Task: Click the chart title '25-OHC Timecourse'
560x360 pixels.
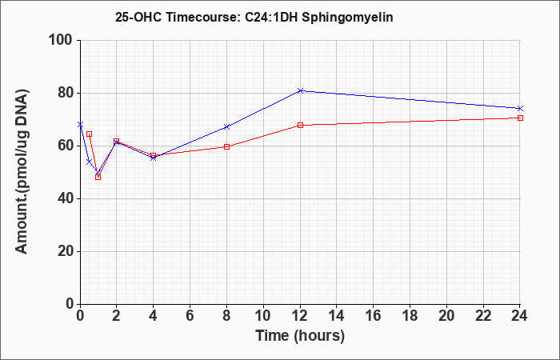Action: pos(177,17)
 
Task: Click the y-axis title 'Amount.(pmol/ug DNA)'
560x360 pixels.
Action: pos(22,172)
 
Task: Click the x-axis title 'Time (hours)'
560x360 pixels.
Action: pos(300,336)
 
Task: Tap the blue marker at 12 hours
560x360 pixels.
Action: pos(300,90)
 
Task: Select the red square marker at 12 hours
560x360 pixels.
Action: pos(300,126)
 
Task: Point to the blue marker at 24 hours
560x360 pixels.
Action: pos(520,108)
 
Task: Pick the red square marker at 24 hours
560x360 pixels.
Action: pos(520,118)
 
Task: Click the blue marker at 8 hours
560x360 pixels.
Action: pos(226,126)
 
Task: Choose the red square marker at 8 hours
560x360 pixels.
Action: pos(226,146)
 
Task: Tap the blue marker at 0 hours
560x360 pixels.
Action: pos(80,124)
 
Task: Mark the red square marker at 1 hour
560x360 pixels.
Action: pos(98,177)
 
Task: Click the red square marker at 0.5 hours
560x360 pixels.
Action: pos(90,134)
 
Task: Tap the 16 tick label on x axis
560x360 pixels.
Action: pos(374,316)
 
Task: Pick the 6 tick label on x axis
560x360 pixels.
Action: pos(190,316)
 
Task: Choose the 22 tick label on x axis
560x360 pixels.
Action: pos(483,316)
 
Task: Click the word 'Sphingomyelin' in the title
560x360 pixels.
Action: pos(347,17)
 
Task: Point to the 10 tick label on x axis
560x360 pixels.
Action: pos(263,316)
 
